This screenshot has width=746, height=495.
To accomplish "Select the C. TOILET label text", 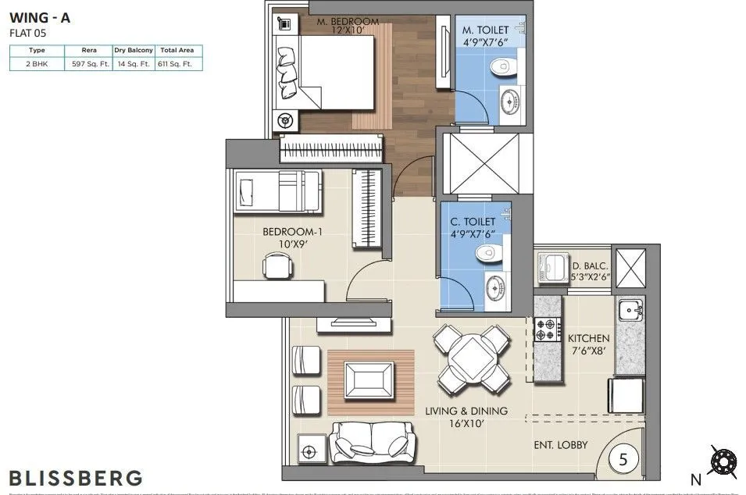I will [x=474, y=227].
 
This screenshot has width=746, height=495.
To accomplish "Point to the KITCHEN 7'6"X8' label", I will [x=588, y=344].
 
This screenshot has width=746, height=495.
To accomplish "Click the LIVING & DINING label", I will [x=466, y=416].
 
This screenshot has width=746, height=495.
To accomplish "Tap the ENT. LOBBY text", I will [x=561, y=446].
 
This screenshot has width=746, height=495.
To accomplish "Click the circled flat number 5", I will [x=623, y=459].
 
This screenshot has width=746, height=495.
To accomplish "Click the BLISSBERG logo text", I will [x=76, y=477].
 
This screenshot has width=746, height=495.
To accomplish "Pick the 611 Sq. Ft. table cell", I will [x=179, y=65].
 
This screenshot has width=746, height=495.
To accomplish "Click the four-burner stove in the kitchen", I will [x=548, y=329].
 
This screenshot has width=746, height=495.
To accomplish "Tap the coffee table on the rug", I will [x=369, y=380].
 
